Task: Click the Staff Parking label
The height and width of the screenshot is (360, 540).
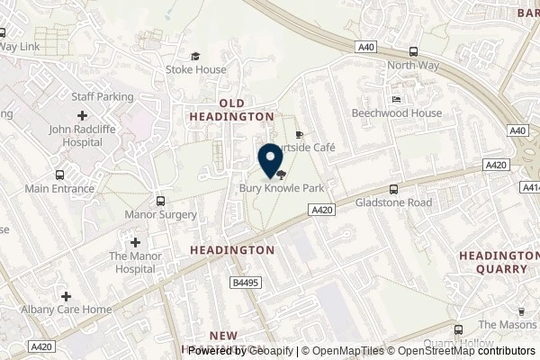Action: tap(102, 96)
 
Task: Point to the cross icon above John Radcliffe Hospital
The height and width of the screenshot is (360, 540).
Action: tap(83, 115)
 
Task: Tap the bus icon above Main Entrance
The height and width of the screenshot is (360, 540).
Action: tap(59, 175)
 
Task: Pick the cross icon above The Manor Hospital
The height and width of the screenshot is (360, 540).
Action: tap(134, 242)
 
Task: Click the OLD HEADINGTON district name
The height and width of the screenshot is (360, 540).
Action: tap(229, 109)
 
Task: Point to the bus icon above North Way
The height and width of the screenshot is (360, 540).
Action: tap(413, 51)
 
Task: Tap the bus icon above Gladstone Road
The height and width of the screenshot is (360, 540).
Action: tap(393, 189)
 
